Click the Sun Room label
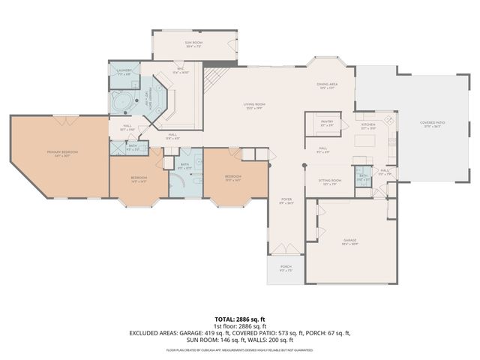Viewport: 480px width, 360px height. (194, 43)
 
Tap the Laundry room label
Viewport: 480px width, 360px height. (124, 72)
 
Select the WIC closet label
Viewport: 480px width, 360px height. (181, 70)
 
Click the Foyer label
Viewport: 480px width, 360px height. (285, 200)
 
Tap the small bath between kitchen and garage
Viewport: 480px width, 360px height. (364, 178)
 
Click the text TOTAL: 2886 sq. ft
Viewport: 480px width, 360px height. (240, 319)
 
